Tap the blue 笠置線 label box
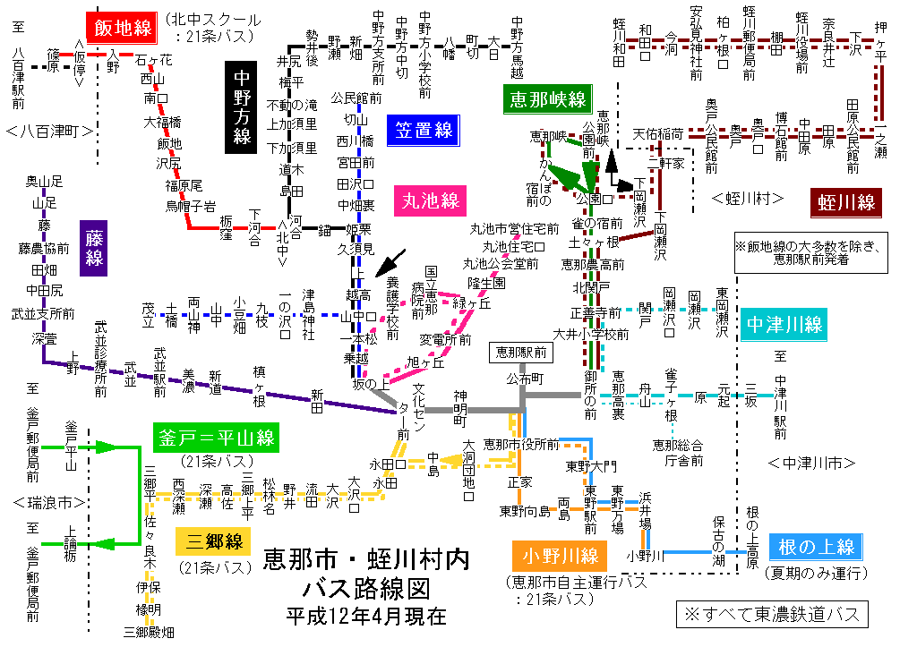(422, 130)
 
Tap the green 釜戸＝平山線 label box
(215, 438)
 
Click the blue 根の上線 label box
(817, 546)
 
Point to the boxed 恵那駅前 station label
(520, 353)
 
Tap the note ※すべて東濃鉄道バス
(772, 614)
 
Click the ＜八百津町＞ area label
(50, 132)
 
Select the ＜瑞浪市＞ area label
(50, 501)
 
